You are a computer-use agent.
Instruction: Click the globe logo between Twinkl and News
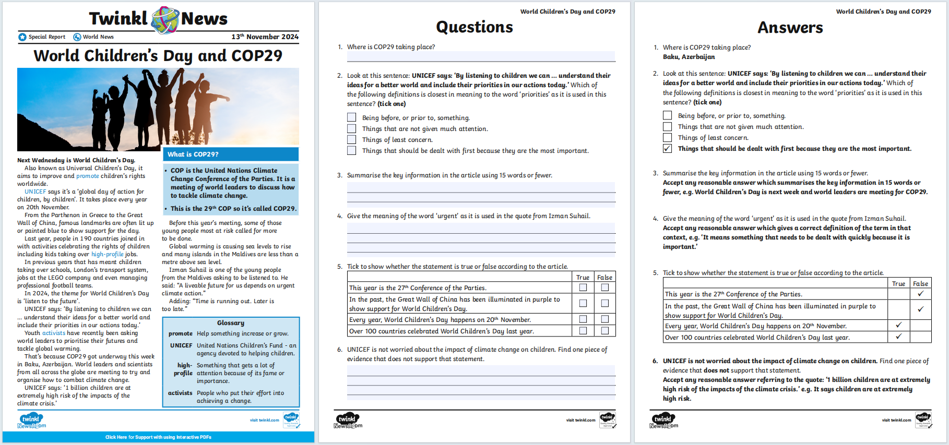165,20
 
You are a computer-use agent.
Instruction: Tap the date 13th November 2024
265,37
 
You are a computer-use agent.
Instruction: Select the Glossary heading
231,323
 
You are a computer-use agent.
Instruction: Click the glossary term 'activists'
180,393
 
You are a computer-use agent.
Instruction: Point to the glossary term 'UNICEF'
181,345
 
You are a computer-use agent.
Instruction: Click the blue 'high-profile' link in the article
108,254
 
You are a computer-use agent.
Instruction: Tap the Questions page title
474,27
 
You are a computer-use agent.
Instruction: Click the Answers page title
790,28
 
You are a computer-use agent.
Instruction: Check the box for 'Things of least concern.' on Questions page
352,140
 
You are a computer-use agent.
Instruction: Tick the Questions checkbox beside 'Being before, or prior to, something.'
352,118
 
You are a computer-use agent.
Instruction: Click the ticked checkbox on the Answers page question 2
667,149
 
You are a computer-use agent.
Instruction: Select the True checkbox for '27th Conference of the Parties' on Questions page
583,287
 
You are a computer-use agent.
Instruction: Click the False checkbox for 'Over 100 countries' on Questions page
604,331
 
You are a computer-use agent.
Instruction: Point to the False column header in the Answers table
920,284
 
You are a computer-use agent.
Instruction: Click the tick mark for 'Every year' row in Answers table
898,326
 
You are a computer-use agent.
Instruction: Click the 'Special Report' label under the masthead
46,37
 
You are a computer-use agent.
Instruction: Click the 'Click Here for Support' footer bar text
158,437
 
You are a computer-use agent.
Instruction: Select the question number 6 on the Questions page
339,350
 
